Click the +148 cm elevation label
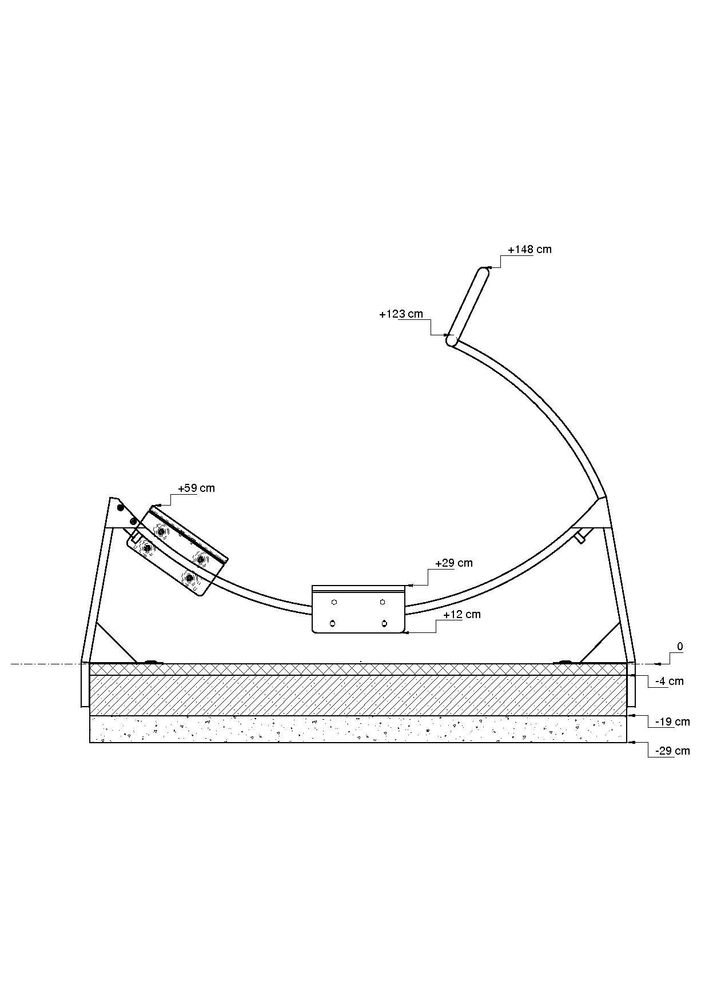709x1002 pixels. (529, 249)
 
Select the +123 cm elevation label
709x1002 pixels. (401, 314)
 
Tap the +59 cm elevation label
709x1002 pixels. (196, 488)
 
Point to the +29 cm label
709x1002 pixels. (454, 563)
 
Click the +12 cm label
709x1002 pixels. (462, 615)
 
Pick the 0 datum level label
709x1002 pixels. (680, 647)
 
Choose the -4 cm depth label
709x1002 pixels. (670, 682)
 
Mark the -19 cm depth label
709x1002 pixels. (672, 722)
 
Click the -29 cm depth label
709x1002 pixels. (672, 751)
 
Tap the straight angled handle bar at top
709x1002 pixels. (468, 306)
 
